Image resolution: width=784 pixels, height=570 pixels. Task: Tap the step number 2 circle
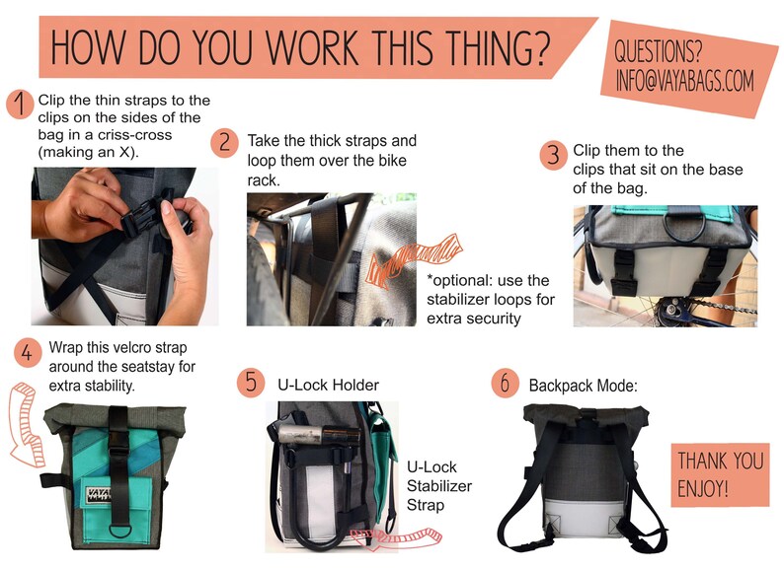pyautogui.click(x=225, y=143)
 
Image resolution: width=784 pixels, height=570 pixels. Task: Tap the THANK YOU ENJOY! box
pyautogui.click(x=720, y=473)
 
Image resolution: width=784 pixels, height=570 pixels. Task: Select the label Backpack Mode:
pyautogui.click(x=584, y=386)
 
